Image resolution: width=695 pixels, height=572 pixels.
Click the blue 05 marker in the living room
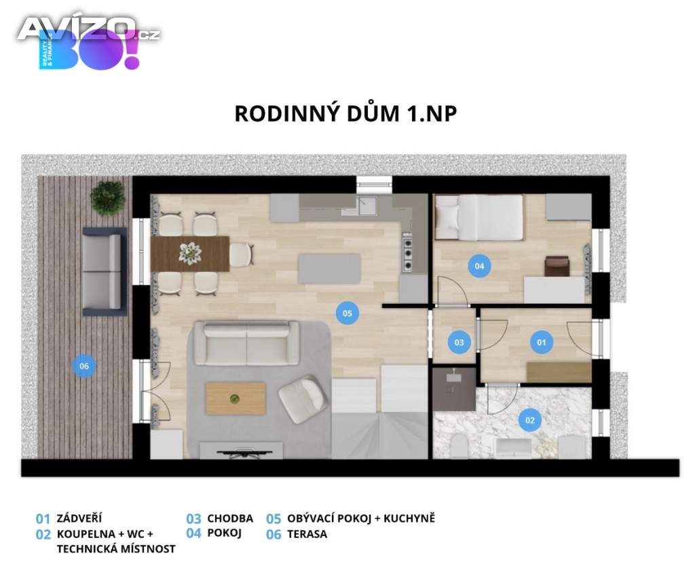tap(347, 313)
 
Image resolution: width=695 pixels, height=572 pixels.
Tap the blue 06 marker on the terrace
tap(84, 366)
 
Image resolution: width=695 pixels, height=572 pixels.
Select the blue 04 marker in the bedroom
tap(479, 266)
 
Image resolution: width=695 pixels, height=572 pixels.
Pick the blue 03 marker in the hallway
tap(459, 343)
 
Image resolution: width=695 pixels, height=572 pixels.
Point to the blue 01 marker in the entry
tap(542, 343)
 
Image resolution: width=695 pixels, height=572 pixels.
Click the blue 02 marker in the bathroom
tap(530, 420)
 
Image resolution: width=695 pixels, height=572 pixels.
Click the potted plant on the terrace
tap(107, 197)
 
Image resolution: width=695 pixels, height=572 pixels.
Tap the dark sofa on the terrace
tap(105, 271)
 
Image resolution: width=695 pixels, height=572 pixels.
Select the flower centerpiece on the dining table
tap(190, 254)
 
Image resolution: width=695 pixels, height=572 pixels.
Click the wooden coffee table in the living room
tap(236, 399)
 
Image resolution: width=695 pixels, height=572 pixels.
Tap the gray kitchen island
tap(329, 269)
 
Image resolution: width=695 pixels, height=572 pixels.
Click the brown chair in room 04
tap(557, 266)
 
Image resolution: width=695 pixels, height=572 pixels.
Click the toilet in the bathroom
tap(458, 446)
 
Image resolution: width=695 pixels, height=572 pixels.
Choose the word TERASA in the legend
tap(307, 534)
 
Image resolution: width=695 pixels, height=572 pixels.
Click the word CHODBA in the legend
tap(230, 518)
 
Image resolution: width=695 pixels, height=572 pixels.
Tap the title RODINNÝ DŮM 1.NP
tap(345, 113)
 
